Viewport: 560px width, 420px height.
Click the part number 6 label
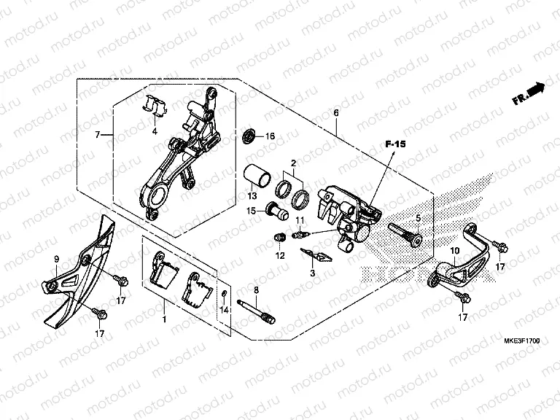point(336,113)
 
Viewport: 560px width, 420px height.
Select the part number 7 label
point(97,135)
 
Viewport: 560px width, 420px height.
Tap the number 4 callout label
point(155,132)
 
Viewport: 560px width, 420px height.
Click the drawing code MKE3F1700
point(521,341)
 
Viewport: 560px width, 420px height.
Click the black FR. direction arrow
point(537,90)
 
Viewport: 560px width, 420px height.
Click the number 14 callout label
point(224,310)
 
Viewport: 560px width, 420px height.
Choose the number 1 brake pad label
point(165,319)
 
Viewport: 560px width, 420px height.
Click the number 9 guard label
point(56,259)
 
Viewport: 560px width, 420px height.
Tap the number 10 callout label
point(454,251)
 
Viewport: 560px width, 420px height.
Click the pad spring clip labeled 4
point(155,106)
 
